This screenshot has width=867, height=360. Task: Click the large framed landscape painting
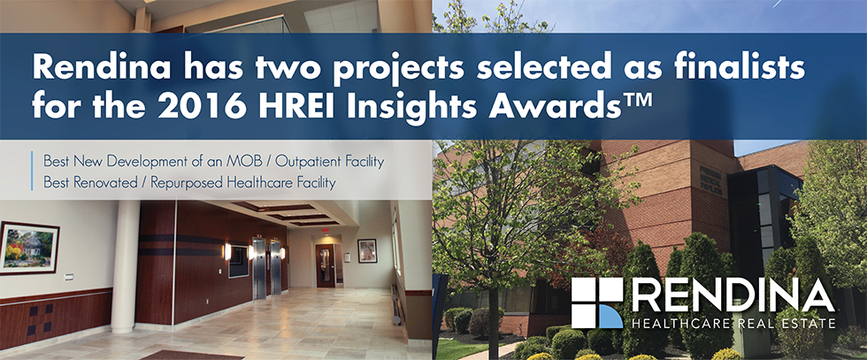28,248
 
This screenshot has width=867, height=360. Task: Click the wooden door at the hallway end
326,264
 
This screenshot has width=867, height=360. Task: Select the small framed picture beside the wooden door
367,251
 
